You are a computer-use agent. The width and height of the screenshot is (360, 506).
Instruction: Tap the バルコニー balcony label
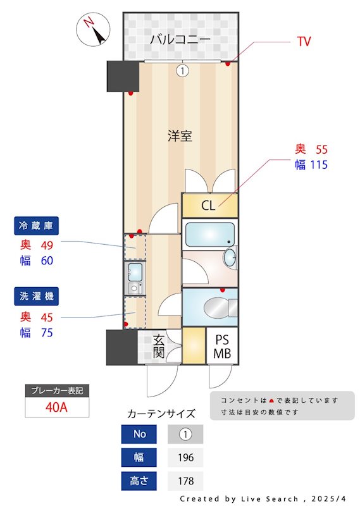pyautogui.click(x=180, y=40)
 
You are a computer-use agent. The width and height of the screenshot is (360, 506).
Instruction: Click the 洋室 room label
pyautogui.click(x=180, y=135)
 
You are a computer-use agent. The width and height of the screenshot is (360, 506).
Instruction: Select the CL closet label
pyautogui.click(x=208, y=206)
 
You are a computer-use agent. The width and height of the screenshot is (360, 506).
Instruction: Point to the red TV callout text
pyautogui.click(x=304, y=42)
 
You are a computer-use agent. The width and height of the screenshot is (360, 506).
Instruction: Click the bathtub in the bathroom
pyautogui.click(x=208, y=235)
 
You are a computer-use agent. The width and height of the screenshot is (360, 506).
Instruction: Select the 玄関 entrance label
pyautogui.click(x=159, y=346)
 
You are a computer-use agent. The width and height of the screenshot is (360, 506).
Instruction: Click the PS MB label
pyautogui.click(x=221, y=347)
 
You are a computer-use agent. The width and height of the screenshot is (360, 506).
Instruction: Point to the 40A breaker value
pyautogui.click(x=56, y=406)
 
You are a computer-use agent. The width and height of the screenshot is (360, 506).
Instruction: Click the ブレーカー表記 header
pyautogui.click(x=56, y=390)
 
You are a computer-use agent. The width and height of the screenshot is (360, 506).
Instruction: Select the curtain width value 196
pyautogui.click(x=185, y=457)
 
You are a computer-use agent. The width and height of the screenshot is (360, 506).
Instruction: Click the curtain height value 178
pyautogui.click(x=185, y=480)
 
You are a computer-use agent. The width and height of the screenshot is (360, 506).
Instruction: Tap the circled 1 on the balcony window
pyautogui.click(x=182, y=71)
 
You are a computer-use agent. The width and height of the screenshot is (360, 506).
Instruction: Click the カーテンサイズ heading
pyautogui.click(x=161, y=414)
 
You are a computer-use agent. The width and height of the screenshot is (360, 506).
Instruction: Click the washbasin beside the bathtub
pyautogui.click(x=229, y=258)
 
